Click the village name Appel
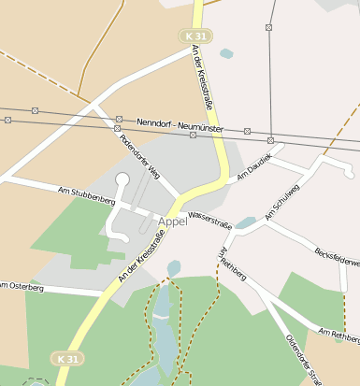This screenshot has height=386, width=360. pyautogui.click(x=173, y=222)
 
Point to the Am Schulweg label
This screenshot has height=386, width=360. pyautogui.click(x=281, y=206)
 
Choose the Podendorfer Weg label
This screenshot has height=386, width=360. pyautogui.click(x=140, y=157)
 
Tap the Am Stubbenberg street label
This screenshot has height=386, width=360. pyautogui.click(x=86, y=195)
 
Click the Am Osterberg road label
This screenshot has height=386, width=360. pyautogui.click(x=21, y=285)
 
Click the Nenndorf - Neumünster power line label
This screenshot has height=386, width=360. pyautogui.click(x=181, y=123)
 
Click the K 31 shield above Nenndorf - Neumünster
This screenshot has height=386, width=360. pyautogui.click(x=196, y=35)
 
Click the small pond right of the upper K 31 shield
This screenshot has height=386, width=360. pyautogui.click(x=226, y=54)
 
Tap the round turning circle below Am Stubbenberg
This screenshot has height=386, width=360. pyautogui.click(x=122, y=178)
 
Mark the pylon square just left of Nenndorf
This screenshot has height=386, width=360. pyautogui.click(x=119, y=120)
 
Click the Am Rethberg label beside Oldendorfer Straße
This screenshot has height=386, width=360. pyautogui.click(x=338, y=333)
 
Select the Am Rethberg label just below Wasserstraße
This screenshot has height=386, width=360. pyautogui.click(x=232, y=264)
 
